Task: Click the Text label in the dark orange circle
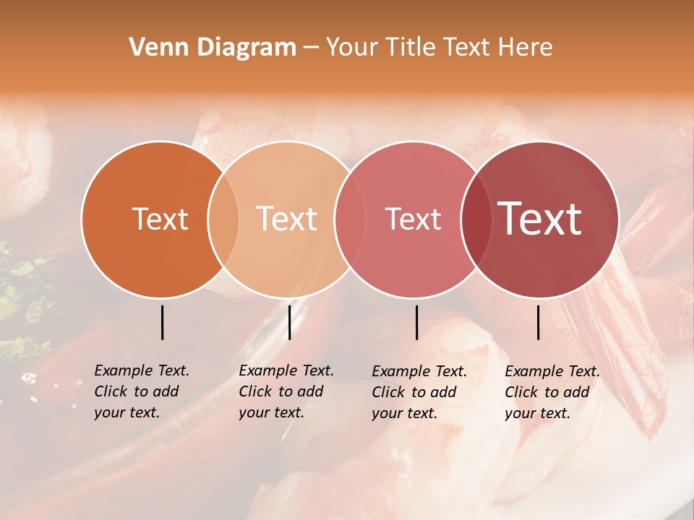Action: (x=160, y=219)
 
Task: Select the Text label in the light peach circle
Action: (x=286, y=219)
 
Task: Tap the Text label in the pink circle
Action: (x=413, y=219)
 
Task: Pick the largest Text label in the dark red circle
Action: (x=540, y=219)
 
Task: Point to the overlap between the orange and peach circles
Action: (x=223, y=220)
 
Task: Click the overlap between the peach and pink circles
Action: (x=350, y=220)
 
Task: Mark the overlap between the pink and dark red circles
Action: (x=476, y=220)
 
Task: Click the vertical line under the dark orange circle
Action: (x=162, y=322)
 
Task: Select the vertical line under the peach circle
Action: (x=289, y=322)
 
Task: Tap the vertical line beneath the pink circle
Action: (x=416, y=322)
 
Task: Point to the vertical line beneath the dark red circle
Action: (x=538, y=322)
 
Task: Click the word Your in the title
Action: (x=352, y=48)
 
